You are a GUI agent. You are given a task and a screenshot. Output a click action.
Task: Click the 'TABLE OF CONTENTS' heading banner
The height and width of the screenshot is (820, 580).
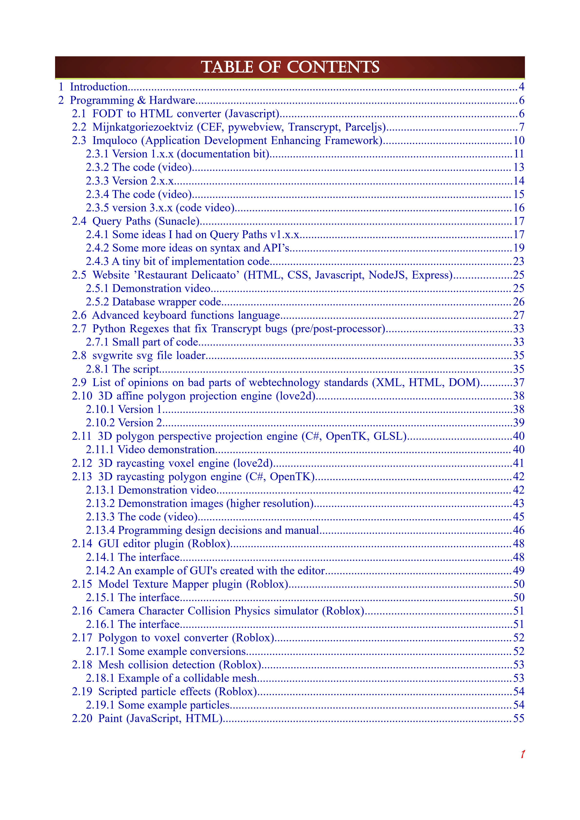(x=290, y=67)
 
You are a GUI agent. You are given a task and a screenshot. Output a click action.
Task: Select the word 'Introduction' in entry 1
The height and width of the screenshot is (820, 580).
(x=98, y=87)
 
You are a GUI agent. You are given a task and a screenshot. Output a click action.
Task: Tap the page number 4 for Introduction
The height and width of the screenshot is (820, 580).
(x=522, y=87)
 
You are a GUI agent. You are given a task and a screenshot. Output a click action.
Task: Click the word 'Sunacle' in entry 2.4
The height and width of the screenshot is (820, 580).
(x=177, y=221)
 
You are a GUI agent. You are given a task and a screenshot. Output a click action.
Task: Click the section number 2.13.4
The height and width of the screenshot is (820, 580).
(x=100, y=530)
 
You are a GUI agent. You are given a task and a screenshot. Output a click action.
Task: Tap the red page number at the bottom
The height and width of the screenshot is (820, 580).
(x=522, y=754)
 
